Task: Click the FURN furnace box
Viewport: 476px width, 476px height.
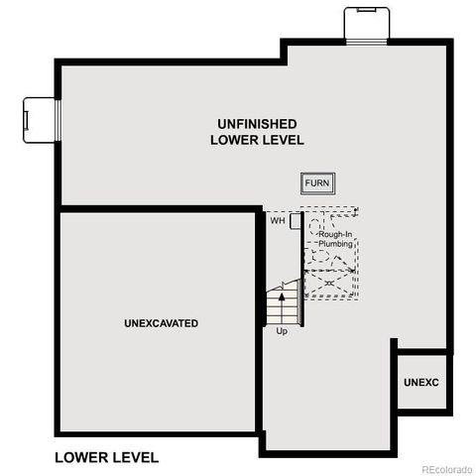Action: pos(317,183)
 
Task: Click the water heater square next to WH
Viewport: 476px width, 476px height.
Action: pos(295,220)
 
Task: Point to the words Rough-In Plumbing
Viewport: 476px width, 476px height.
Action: pos(335,238)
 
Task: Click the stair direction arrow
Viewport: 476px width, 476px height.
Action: pos(283,294)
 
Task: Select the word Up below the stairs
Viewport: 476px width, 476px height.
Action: pos(282,330)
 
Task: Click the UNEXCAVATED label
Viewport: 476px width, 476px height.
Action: pos(162,323)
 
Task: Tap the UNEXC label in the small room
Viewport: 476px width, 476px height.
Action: pos(421,382)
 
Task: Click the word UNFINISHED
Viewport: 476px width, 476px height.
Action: pos(258,123)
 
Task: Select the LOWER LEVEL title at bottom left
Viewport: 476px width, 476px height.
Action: pos(106,457)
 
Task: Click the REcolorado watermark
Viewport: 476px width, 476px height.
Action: pos(446,468)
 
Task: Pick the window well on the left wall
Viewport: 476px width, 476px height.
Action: pos(40,118)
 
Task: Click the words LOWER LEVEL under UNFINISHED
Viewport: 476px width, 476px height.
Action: pos(257,140)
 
